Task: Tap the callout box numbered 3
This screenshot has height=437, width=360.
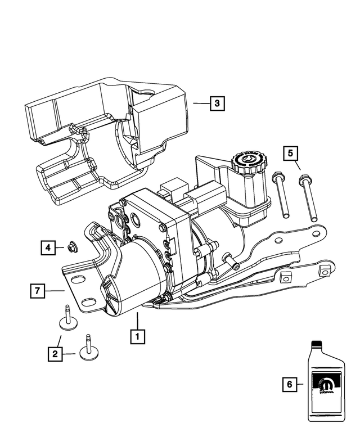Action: click(x=217, y=103)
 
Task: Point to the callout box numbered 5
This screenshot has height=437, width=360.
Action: click(x=291, y=153)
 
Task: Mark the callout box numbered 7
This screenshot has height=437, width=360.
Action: click(x=38, y=291)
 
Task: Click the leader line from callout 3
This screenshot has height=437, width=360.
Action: click(x=200, y=103)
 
